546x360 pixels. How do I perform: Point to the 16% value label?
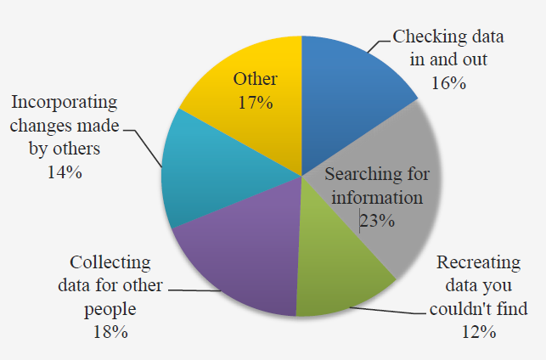coord(448,83)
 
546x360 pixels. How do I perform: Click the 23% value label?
coord(378,221)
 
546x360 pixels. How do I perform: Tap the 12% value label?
coord(479,332)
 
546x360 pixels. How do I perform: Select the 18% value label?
coord(110,332)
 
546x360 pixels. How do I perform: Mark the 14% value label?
coord(65,172)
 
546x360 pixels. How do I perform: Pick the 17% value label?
coord(256,103)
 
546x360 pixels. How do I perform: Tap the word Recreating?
coord(479,263)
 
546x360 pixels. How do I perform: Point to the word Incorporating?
coord(65,103)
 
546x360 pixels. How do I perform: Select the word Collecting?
coord(110,263)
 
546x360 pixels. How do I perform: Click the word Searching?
coord(362,174)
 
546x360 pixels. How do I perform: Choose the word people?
coord(110,310)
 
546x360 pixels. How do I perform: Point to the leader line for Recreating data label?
coord(388,311)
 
